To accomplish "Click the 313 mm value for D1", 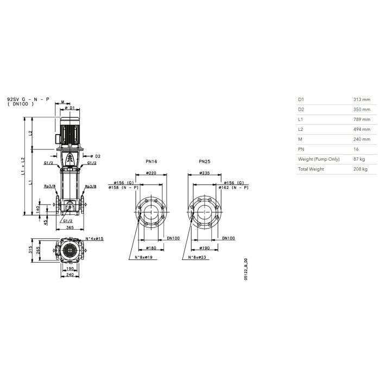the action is click(x=362, y=99).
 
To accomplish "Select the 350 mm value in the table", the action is click(x=362, y=110).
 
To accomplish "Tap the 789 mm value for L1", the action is click(x=362, y=119).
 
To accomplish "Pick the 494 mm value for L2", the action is click(x=362, y=129).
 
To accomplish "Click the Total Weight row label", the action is click(x=311, y=169).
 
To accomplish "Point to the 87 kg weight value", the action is click(x=359, y=159).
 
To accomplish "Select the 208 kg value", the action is click(x=360, y=169).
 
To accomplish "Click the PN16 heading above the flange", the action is click(x=151, y=162).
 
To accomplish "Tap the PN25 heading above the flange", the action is click(x=205, y=162).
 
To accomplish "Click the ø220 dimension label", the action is click(x=151, y=173).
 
